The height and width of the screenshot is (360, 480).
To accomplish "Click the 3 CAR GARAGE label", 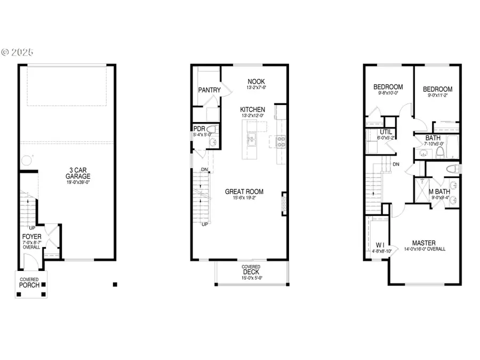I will point(78,173).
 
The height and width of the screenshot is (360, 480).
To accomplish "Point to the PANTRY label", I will point(209,90).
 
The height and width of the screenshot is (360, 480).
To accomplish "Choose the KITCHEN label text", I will point(252,109).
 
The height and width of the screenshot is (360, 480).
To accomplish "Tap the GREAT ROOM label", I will point(244,192).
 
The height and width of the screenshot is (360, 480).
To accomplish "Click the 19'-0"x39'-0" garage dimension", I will point(78,182).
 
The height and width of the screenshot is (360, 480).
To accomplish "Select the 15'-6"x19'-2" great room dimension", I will point(244,198).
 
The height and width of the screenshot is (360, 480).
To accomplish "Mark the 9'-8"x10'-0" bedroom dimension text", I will point(388,94).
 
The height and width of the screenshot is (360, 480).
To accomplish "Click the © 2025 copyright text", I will point(17,52).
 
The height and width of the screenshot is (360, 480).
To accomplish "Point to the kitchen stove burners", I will point(280,141).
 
